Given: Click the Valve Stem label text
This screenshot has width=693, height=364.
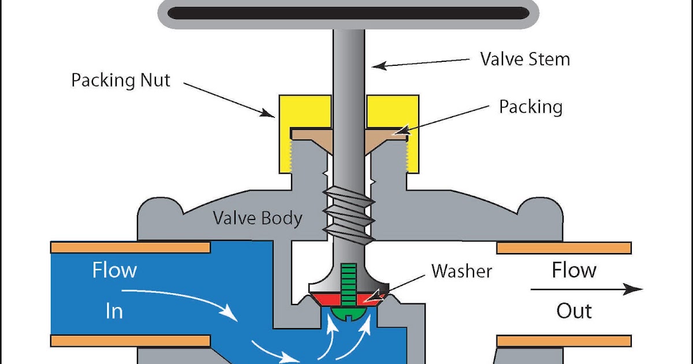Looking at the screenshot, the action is pos(525,59).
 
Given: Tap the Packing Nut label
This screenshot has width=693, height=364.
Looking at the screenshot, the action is pos(121,80).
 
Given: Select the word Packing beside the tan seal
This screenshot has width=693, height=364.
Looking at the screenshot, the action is pos(531,107).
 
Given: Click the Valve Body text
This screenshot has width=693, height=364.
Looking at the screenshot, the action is pos(258,218).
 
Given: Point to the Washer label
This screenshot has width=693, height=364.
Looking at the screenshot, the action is pos(461,271).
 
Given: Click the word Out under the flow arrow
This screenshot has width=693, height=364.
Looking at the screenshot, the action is pos(574,311).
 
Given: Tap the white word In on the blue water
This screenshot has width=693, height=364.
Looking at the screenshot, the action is pos(114,311).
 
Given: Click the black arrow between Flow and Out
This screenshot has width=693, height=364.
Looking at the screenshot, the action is pos(587,289).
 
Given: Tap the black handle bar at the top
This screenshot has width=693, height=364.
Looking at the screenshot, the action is pos(348,13).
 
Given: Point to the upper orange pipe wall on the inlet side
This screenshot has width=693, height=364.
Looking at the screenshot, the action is pos(131,248).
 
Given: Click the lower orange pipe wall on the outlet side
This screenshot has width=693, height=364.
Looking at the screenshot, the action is pos(564,341).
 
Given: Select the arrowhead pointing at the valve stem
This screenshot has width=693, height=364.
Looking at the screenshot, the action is pos(379,66).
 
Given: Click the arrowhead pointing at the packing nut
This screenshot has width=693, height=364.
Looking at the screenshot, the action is pos(267,113).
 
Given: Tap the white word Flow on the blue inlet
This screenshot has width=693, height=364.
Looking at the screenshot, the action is pos(114,270).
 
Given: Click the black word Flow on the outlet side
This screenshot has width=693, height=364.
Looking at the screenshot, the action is pos(574,270).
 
